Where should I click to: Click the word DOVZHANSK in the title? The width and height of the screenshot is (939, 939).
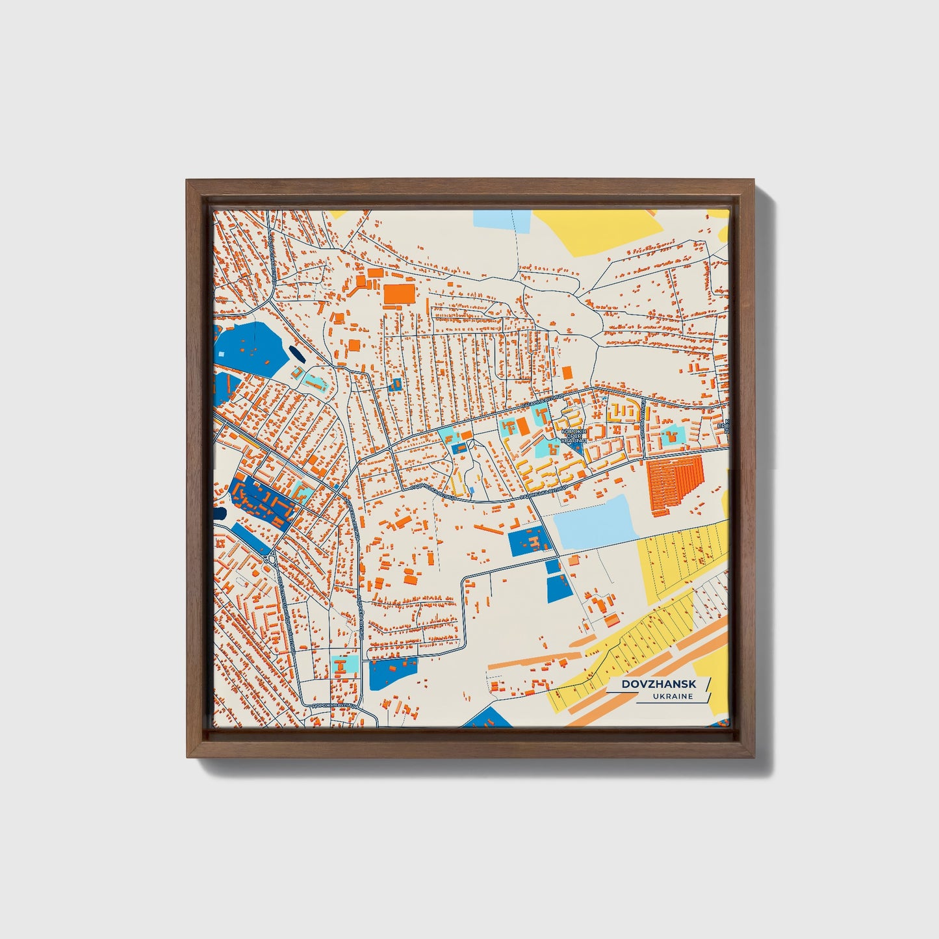tap(658, 684)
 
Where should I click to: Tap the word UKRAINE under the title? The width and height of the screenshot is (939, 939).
tap(674, 697)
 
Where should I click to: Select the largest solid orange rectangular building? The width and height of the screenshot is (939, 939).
tap(398, 294)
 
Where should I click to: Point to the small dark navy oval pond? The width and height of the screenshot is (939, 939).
tap(296, 355)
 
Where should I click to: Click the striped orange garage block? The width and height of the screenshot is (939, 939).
tap(675, 477)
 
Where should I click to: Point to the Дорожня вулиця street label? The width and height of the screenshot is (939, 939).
tap(335, 705)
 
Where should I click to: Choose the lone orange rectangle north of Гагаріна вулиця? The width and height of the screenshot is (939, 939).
tap(567, 372)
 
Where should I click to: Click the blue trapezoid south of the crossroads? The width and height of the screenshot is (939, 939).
tap(558, 588)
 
